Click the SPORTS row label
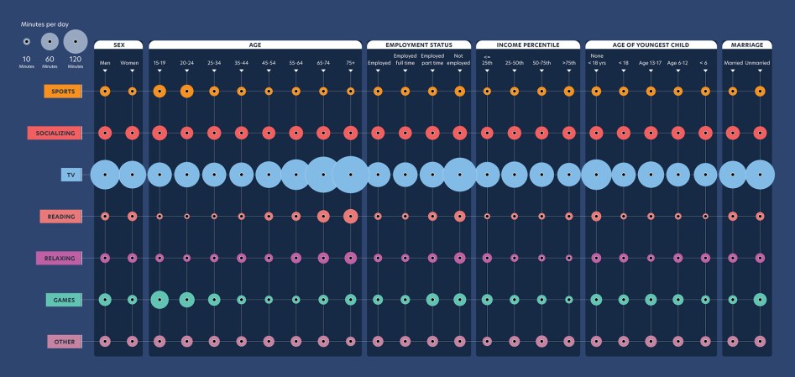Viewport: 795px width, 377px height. [x=63, y=92]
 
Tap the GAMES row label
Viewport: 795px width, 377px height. [x=64, y=300]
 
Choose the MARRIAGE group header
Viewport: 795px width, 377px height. [x=746, y=44]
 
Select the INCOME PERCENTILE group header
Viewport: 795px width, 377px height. [x=527, y=44]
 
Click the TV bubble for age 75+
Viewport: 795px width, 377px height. [x=350, y=175]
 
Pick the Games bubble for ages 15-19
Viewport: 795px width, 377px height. [x=160, y=300]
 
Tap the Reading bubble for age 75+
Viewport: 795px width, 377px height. [x=350, y=217]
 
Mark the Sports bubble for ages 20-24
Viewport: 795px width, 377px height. [x=186, y=91]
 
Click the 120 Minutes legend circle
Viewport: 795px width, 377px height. [x=76, y=41]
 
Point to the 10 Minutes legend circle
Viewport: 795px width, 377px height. [x=27, y=41]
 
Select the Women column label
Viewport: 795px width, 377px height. [x=130, y=62]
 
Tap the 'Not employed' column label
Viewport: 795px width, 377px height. [x=459, y=60]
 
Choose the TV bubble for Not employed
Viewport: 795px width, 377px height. [x=459, y=175]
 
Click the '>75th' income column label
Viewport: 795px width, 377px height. [x=568, y=62]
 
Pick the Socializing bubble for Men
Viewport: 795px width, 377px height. [x=105, y=133]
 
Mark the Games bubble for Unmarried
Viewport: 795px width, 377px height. [x=760, y=300]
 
